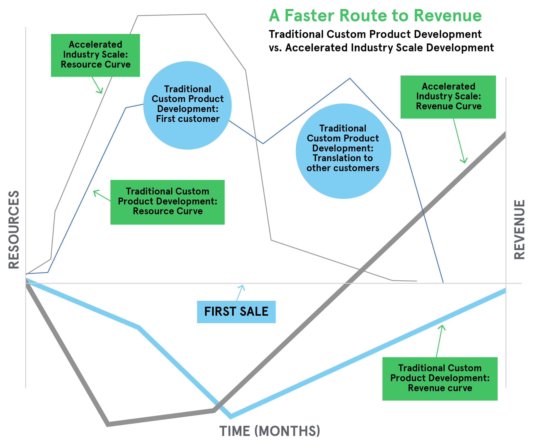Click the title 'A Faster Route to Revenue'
375,16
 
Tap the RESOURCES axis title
14,230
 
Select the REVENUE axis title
519,230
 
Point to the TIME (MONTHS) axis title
269,431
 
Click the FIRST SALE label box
236,312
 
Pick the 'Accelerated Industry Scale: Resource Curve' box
95,55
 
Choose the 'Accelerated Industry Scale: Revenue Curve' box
448,97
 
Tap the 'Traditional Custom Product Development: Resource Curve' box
167,202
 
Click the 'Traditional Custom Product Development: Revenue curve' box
440,379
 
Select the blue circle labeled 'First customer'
187,105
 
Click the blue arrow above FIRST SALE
240,293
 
